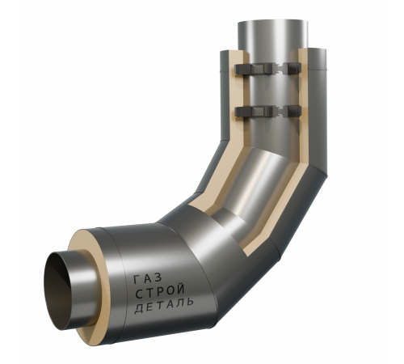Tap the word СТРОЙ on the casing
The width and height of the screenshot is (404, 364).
pos(160,291)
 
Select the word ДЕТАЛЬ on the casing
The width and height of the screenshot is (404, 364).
pos(164,306)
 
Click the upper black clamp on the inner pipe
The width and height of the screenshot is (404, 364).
pos(268,69)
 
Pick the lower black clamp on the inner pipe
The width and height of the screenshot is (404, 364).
pos(268,111)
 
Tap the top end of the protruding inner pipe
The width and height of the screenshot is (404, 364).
pos(272,22)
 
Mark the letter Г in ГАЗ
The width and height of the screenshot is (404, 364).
pos(137,280)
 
